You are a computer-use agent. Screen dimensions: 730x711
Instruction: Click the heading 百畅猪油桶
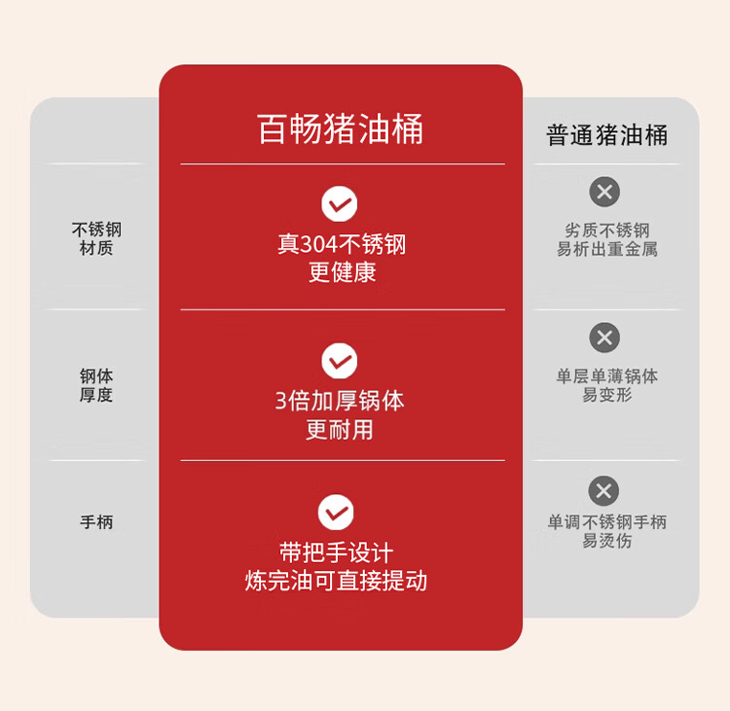click(340, 129)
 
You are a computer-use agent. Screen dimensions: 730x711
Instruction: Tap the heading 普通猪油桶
click(607, 135)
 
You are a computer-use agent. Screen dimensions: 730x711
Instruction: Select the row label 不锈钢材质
click(96, 239)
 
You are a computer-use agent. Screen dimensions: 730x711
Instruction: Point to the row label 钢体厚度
click(96, 385)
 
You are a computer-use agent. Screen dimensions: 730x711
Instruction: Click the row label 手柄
click(96, 522)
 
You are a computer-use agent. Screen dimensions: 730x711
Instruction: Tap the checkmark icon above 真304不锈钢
click(340, 204)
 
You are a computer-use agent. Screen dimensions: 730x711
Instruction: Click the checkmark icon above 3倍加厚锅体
click(340, 361)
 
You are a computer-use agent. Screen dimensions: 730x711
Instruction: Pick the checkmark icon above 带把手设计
click(336, 513)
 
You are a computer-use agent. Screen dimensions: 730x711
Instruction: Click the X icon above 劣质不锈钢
click(604, 192)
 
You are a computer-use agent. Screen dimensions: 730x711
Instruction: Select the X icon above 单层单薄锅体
click(604, 338)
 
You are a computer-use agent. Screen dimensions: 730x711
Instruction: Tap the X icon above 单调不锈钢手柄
click(603, 490)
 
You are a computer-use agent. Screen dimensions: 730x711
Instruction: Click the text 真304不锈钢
click(342, 244)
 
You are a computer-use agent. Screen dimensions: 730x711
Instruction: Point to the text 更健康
click(342, 272)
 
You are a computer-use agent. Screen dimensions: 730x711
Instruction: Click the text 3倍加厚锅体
click(340, 401)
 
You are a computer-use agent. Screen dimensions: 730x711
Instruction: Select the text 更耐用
click(340, 429)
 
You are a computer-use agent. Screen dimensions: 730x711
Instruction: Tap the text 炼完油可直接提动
click(337, 582)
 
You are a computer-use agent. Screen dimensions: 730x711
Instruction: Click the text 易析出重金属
click(607, 249)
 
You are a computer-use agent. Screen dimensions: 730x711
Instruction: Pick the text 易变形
click(607, 395)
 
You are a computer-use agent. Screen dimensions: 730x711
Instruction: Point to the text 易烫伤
click(607, 541)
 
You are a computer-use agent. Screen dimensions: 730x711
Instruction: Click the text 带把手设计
click(337, 553)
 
